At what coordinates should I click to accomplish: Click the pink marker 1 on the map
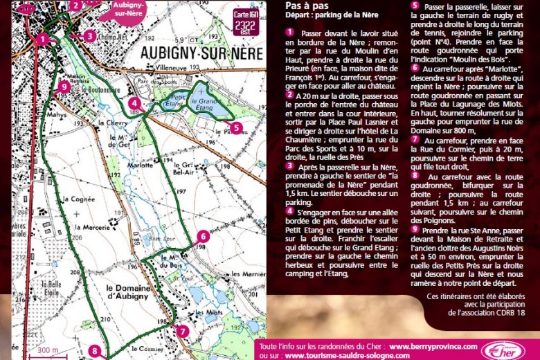pos(43,39)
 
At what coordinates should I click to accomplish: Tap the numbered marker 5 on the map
pos(236,127)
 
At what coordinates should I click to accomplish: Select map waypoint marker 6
pos(202,236)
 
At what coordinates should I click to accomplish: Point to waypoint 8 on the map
pos(95,351)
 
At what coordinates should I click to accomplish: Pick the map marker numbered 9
pos(64,87)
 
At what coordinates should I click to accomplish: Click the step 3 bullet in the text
pos(289,167)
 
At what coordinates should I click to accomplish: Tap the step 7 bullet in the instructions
pos(415,138)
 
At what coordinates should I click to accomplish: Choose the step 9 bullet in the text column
pos(415,228)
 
